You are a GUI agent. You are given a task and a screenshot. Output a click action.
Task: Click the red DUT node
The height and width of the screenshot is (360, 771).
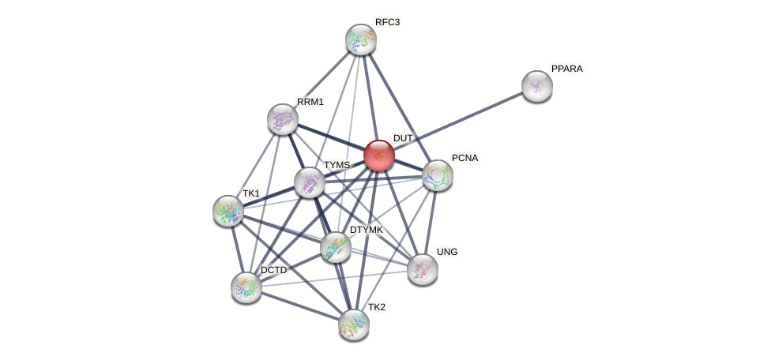tap(379, 156)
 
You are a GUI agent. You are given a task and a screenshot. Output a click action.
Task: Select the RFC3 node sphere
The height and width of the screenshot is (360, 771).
tap(361, 39)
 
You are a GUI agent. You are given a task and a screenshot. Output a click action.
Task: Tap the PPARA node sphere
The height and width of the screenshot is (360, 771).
tap(537, 86)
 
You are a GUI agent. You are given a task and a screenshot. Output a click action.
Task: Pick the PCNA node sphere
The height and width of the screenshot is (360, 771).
tap(437, 175)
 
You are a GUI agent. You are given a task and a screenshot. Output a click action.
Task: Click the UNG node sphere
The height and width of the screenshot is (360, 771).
tap(423, 269)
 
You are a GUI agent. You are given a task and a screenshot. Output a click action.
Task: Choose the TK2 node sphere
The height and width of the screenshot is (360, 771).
tap(353, 324)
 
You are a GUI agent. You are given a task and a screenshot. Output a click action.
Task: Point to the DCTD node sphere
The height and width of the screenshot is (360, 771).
tap(246, 287)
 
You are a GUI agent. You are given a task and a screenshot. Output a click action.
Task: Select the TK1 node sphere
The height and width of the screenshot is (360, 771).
tap(228, 211)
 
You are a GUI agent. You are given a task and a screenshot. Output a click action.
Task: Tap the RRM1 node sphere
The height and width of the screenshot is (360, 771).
tap(283, 119)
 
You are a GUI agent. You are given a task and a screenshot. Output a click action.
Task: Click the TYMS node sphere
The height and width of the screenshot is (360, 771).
tap(310, 182)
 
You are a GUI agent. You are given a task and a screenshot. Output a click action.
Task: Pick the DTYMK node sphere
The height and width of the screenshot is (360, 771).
tap(336, 247)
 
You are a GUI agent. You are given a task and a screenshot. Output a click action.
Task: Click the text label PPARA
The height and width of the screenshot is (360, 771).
tap(566, 69)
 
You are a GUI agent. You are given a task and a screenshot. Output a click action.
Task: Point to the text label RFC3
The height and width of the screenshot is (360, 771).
tap(387, 22)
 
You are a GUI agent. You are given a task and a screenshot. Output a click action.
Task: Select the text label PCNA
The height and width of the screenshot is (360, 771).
tap(464, 158)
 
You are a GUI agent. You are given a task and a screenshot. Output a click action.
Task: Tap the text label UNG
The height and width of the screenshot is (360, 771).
tap(447, 252)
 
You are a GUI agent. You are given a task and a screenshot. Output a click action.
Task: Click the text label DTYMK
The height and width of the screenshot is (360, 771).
tap(366, 230)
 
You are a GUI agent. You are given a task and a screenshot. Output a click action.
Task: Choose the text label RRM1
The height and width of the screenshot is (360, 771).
tap(310, 102)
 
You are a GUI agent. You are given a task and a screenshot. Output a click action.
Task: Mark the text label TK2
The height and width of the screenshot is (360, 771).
tap(377, 306)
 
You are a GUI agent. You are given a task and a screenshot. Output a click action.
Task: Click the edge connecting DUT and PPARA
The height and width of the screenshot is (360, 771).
tap(458, 121)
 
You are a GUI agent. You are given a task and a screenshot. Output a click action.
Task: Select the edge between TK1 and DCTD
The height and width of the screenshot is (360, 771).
tap(237, 249)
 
